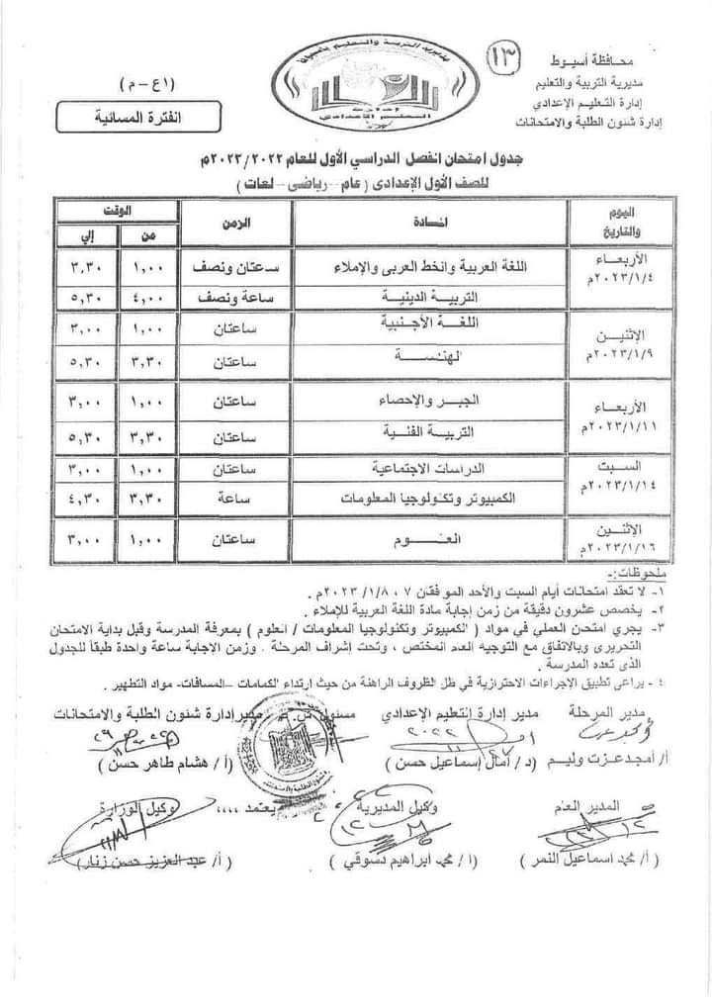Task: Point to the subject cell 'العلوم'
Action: tap(428, 541)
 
